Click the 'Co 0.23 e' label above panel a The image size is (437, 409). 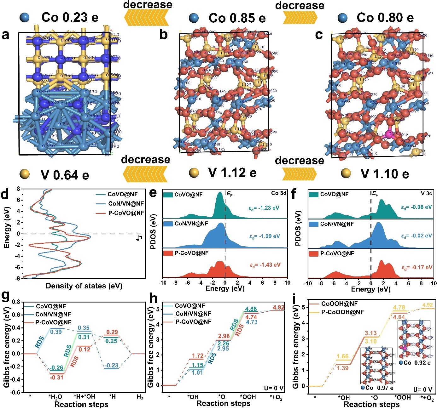click(69, 18)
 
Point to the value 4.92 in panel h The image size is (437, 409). click(279, 307)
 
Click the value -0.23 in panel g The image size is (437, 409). click(111, 365)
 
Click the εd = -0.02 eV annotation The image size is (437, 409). click(416, 236)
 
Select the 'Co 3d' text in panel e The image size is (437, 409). click(279, 193)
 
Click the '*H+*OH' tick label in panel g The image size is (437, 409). click(84, 396)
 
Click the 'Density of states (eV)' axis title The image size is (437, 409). click(84, 286)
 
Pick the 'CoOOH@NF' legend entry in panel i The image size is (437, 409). click(339, 304)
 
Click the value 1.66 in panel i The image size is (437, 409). click(342, 357)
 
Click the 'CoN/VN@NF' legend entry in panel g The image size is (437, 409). click(53, 314)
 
